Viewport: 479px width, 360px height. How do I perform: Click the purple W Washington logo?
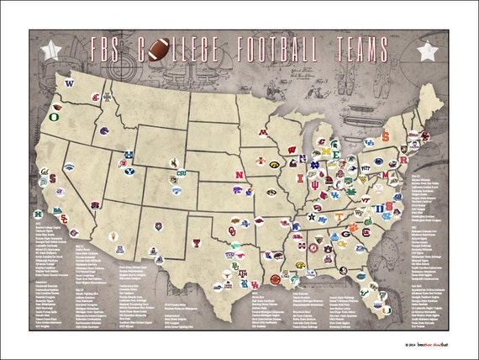[70, 83]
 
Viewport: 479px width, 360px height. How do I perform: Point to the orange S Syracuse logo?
[386, 135]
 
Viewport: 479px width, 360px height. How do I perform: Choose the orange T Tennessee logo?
[339, 216]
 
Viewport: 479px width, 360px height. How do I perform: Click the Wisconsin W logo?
[292, 151]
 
